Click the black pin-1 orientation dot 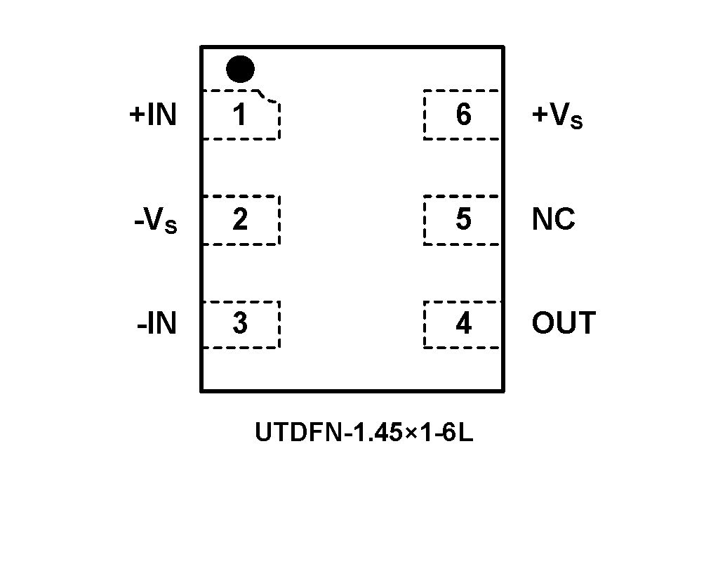click(241, 69)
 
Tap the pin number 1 click(240, 115)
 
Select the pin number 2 click(240, 220)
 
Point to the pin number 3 click(240, 324)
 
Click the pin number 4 click(463, 324)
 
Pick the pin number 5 click(463, 219)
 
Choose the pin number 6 click(463, 115)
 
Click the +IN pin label click(153, 115)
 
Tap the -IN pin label click(157, 324)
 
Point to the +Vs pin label click(557, 116)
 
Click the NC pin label click(553, 220)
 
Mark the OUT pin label click(564, 324)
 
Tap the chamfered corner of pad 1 click(270, 97)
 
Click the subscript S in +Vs click(576, 122)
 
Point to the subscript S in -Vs click(171, 226)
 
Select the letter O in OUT click(544, 324)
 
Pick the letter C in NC click(564, 220)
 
